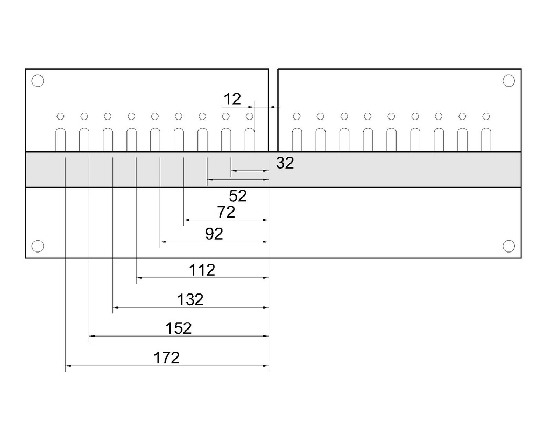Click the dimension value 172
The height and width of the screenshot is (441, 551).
click(x=166, y=358)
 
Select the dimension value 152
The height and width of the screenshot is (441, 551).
click(x=179, y=328)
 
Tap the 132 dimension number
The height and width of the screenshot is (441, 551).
click(x=190, y=299)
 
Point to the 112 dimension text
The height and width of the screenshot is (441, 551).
click(x=202, y=270)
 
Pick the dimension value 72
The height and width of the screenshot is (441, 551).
click(x=226, y=212)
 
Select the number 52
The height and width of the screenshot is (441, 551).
click(x=237, y=196)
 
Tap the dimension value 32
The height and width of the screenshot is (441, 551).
click(x=285, y=163)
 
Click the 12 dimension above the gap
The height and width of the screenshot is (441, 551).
click(x=232, y=99)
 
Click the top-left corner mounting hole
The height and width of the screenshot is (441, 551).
click(x=38, y=81)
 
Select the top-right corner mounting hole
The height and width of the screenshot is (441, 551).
click(x=508, y=81)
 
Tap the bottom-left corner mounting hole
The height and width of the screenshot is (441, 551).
click(x=38, y=246)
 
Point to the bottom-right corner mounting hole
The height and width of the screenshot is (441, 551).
click(x=508, y=246)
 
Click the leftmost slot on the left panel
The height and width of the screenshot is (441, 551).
click(x=61, y=139)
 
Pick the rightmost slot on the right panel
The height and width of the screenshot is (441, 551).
click(x=486, y=139)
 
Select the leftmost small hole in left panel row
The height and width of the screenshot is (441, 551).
click(x=61, y=116)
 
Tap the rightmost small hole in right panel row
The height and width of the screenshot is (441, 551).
click(x=486, y=116)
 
